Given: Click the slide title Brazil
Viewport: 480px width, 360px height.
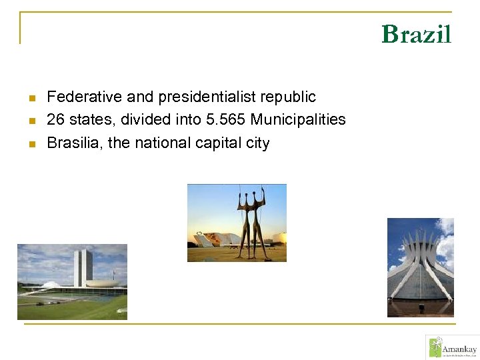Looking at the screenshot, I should click(x=416, y=34).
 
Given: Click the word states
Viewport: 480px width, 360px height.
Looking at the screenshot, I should click(x=87, y=120).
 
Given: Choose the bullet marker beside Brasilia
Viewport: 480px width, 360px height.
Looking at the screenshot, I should click(x=31, y=144).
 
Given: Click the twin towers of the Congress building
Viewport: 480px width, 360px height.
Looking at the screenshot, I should click(x=83, y=267).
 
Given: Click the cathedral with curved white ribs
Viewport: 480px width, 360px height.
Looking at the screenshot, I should click(x=419, y=267).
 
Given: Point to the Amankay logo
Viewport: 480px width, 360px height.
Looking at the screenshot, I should click(x=451, y=347).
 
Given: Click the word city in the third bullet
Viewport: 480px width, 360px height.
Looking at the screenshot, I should click(x=257, y=143).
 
